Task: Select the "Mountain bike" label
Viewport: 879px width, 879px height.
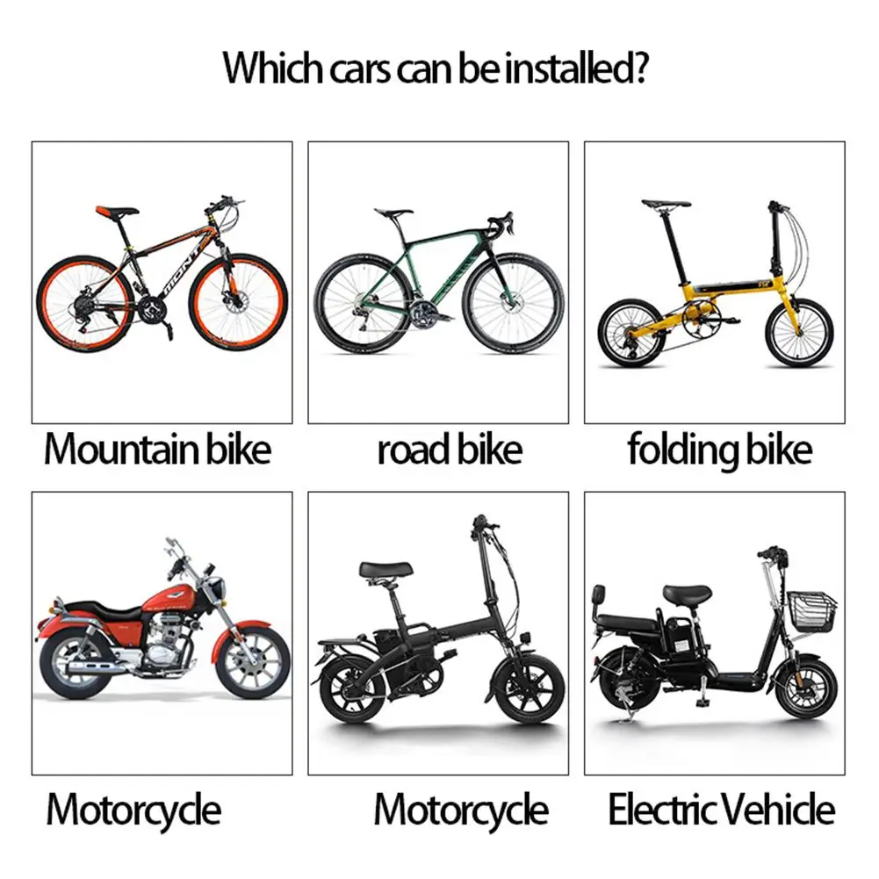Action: point(158,450)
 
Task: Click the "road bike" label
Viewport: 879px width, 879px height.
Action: point(450,450)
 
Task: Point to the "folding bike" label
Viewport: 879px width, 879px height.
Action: point(719,450)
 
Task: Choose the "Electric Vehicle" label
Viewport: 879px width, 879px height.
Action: point(721,810)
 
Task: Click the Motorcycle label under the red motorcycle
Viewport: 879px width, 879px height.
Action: point(133,810)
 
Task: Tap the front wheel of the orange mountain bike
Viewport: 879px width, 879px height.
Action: point(238,301)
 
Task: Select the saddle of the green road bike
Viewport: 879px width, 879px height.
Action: point(393,213)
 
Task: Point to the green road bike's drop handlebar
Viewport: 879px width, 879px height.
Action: point(502,220)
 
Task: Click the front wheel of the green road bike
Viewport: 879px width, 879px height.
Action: point(512,303)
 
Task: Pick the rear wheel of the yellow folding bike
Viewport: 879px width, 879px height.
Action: point(631,333)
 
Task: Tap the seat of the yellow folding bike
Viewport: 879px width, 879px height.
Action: point(666,204)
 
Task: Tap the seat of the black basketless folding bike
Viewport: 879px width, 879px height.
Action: point(385,570)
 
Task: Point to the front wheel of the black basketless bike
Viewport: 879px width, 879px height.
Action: point(528,688)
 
